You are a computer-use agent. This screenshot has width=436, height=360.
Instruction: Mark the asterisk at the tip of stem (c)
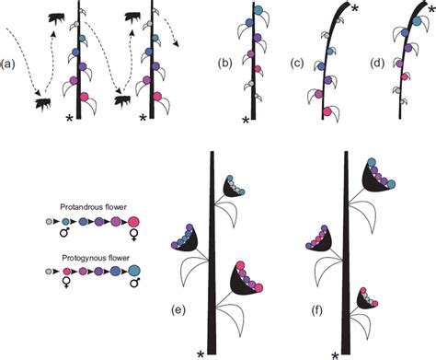(x=354, y=7)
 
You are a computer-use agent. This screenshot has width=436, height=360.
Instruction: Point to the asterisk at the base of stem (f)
(x=335, y=353)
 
